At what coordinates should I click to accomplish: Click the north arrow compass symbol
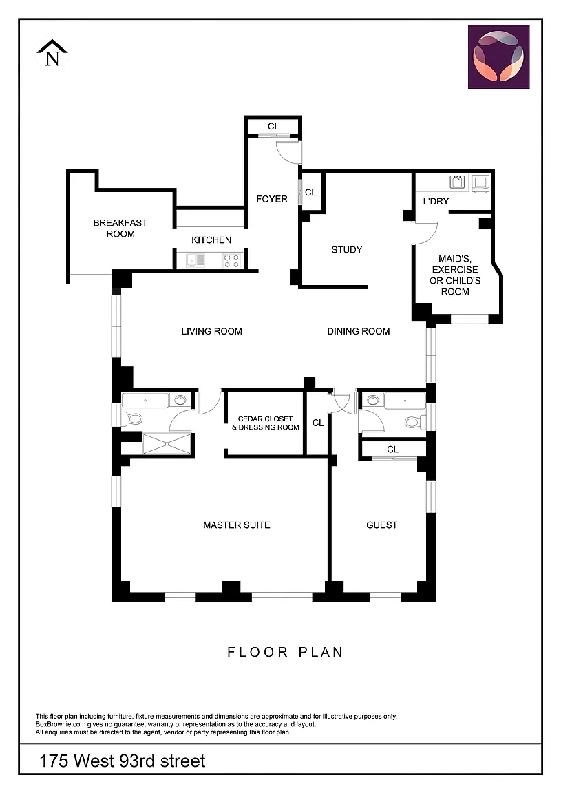tap(52, 53)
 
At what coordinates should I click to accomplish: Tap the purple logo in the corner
tap(499, 57)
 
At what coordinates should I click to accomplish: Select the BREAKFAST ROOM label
tap(120, 228)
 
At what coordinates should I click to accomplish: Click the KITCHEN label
tap(211, 240)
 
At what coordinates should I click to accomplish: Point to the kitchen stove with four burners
tap(232, 260)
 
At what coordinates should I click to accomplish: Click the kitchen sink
tap(195, 260)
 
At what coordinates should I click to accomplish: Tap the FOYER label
tap(272, 199)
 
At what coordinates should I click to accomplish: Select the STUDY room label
tap(347, 249)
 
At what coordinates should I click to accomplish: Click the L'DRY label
tap(436, 201)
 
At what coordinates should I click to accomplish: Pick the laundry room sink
tap(458, 182)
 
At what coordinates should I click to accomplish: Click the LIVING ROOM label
tap(211, 331)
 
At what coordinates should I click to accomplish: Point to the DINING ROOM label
tap(359, 331)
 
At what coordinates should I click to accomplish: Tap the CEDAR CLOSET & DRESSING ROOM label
tap(266, 423)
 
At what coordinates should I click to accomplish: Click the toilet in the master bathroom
tap(132, 419)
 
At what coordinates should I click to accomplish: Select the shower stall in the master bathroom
tap(167, 443)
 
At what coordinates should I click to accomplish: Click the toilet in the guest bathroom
tap(416, 422)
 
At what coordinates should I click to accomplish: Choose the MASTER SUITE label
tap(237, 525)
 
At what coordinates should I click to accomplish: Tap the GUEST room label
tap(382, 525)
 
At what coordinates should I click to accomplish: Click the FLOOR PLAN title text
tap(285, 652)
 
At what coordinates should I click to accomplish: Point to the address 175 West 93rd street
tap(123, 761)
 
